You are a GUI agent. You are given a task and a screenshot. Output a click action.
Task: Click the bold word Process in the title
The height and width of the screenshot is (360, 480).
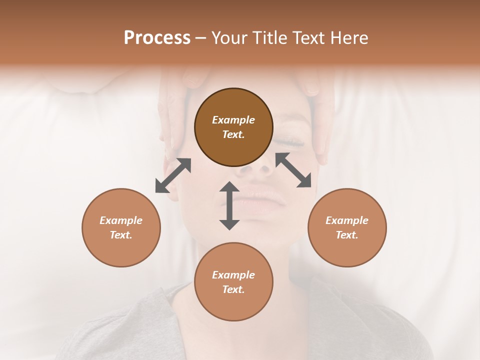coord(157,38)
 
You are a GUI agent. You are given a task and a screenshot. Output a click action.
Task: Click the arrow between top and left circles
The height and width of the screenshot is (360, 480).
coord(173,175)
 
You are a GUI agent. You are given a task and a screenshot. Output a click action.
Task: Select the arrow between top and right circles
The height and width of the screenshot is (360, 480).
coord(293,170)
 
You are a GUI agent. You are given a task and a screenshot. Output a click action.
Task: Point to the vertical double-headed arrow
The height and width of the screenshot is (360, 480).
coord(229,205)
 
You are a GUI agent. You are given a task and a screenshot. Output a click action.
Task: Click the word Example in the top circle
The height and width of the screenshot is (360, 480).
coord(233,120)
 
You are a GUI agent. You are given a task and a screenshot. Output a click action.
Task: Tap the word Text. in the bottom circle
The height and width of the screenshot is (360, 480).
coord(233,289)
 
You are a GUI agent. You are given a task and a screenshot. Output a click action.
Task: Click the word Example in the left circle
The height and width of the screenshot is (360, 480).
coord(121,220)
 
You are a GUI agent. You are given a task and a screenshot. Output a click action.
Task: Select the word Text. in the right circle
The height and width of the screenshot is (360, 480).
coord(347,235)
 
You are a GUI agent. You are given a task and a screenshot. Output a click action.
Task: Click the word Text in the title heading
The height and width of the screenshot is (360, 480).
coord(307,38)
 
